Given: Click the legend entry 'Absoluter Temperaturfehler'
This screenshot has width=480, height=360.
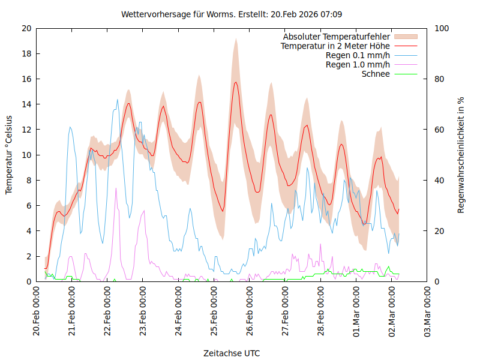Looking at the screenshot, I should click(x=337, y=37).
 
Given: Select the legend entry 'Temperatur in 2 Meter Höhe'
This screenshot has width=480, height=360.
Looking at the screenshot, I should click(x=335, y=46).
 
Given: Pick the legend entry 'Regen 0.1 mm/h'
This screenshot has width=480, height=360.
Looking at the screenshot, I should click(x=358, y=55).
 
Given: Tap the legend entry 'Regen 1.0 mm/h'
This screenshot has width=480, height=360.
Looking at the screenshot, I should click(x=358, y=64).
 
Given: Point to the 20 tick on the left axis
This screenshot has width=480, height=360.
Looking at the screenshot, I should click(x=26, y=28).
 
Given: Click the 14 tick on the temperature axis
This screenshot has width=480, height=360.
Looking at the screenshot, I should click(x=26, y=104).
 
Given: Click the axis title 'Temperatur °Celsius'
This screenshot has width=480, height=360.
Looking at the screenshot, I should click(x=9, y=155).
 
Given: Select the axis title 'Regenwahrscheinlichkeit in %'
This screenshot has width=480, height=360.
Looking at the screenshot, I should click(x=461, y=155).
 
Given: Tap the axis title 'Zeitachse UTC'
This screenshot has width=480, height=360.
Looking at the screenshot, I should click(x=232, y=353).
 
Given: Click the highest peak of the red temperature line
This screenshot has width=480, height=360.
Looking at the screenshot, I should click(x=236, y=82).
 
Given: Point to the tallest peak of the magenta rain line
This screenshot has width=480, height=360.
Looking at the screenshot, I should click(x=116, y=188).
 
